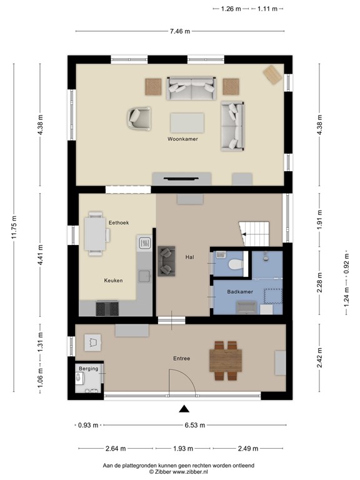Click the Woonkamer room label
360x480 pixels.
[182, 139]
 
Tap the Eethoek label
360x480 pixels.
[119, 222]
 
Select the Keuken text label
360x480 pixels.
[113, 281]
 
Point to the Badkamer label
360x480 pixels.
[240, 291]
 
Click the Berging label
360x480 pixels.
[89, 369]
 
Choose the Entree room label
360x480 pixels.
[182, 358]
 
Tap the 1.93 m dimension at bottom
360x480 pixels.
[184, 448]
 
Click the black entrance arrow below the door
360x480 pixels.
[184, 409]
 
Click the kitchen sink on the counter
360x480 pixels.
[145, 243]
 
